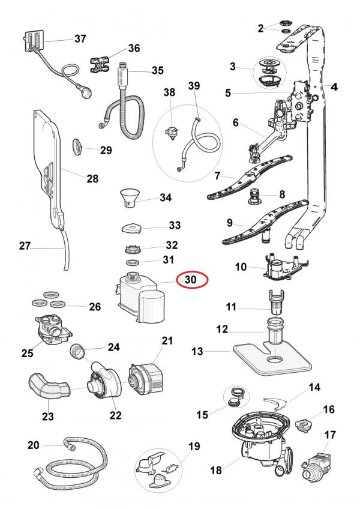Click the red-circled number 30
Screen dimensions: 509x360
191,279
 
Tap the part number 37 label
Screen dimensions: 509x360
80,39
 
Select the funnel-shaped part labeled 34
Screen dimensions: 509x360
130,196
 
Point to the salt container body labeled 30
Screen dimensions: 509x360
140,298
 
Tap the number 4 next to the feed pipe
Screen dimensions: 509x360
334,88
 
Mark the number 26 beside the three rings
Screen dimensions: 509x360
94,307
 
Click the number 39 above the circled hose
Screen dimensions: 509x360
194,87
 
